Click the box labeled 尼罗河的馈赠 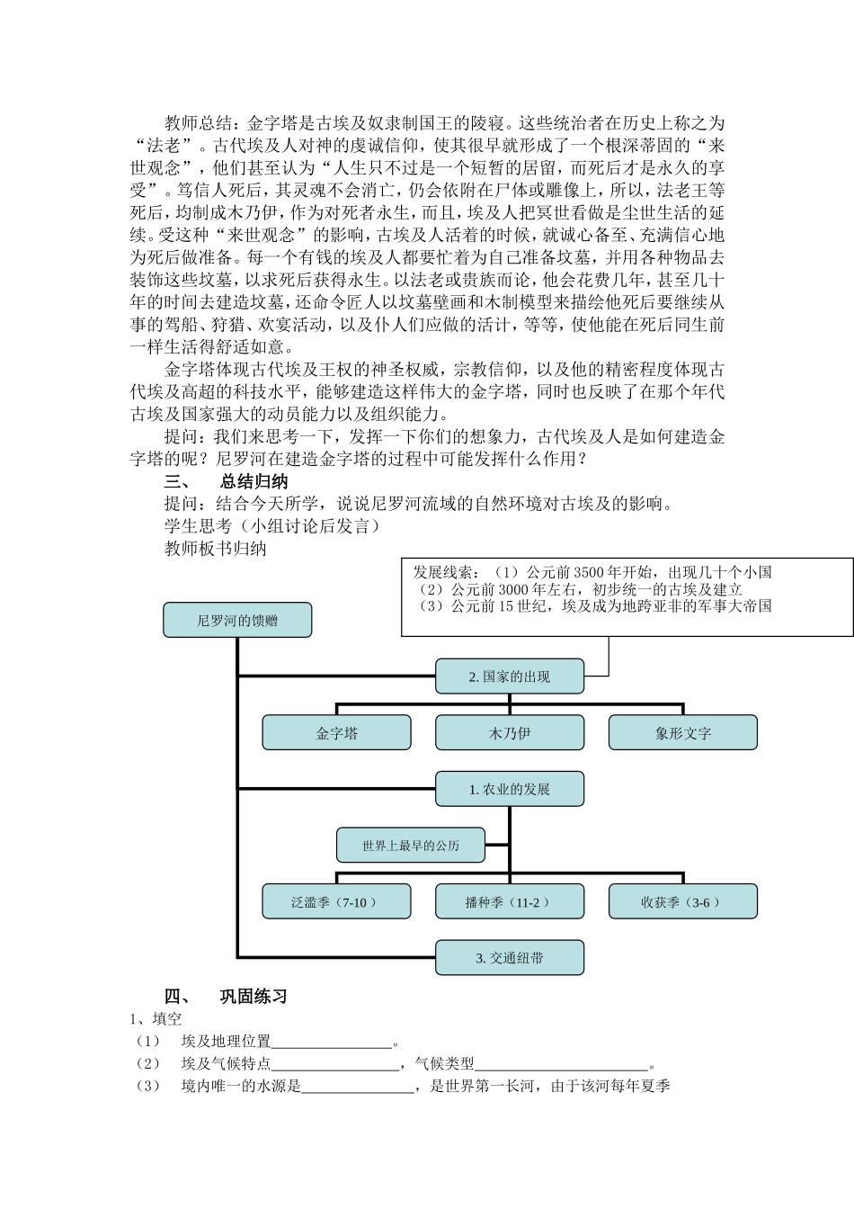coord(237,620)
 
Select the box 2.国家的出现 coord(509,676)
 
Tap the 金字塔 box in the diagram coord(336,733)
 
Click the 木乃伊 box coord(509,733)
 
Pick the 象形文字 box coord(682,733)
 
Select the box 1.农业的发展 coord(509,789)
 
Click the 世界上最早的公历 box coord(410,846)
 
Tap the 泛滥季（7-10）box coord(336,901)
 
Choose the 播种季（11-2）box coord(509,901)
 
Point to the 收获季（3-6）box coord(682,901)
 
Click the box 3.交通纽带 coord(509,958)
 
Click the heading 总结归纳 coord(254,481)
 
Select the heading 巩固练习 coord(254,996)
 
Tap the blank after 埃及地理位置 coord(332,1043)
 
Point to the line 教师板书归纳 coord(216,549)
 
